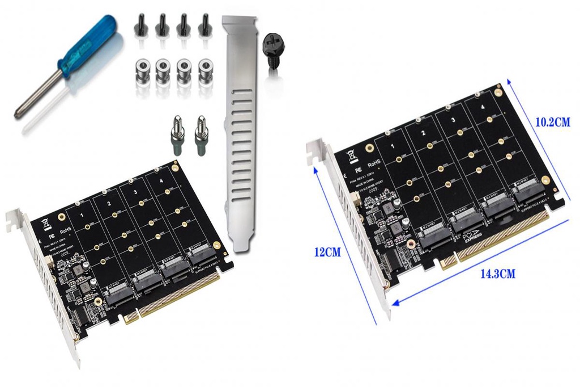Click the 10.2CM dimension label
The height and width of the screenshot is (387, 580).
[x=552, y=121]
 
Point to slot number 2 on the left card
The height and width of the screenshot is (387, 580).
[x=109, y=203]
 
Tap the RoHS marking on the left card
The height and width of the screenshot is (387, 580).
[x=65, y=230]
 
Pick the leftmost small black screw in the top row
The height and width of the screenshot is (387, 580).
[x=140, y=26]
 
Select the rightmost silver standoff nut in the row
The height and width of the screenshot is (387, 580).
[x=206, y=72]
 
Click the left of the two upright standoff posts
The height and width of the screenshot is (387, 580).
[x=177, y=136]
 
